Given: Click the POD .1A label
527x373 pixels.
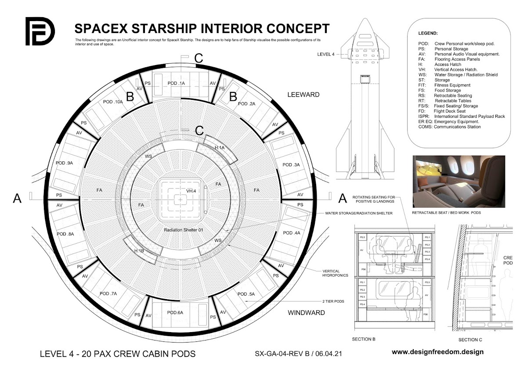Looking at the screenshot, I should (179, 83).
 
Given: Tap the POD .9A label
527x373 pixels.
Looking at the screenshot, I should (64, 163).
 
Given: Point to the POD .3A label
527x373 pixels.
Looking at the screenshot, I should (291, 165).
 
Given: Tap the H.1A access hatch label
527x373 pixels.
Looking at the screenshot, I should (220, 148).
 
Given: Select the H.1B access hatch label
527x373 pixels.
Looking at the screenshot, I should (138, 251).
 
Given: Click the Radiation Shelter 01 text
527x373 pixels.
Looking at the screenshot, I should (182, 230).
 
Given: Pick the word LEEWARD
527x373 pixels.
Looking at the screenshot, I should (303, 95).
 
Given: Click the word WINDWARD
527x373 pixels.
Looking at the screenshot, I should (306, 313).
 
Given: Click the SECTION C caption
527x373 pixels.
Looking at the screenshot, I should (468, 340).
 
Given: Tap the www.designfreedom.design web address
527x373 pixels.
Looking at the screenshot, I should (437, 352).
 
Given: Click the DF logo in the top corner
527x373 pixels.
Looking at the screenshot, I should (40, 31).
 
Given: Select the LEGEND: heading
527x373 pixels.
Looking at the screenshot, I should (428, 33).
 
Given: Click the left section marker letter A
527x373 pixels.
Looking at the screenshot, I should (17, 199).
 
